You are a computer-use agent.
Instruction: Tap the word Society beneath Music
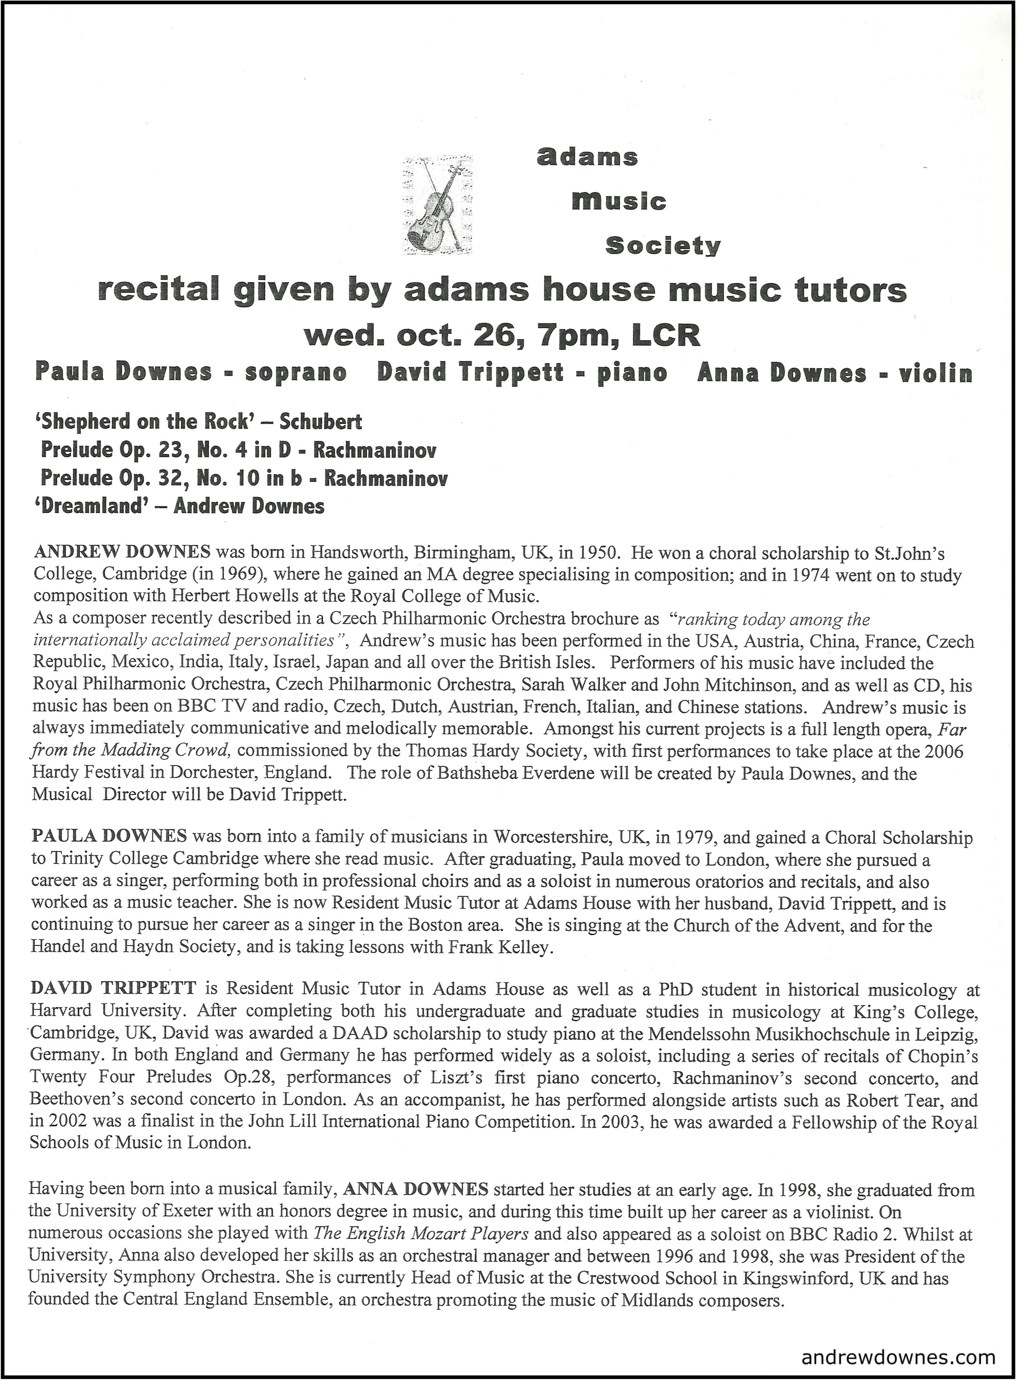coord(662,247)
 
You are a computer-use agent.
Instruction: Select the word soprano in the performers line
coord(295,373)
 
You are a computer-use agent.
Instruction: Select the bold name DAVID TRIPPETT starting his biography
coord(113,989)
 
